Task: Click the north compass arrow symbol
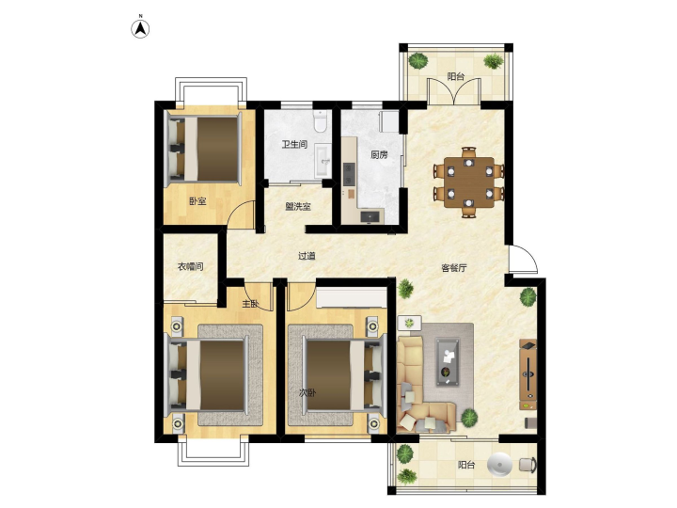pos(140,29)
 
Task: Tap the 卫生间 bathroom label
pos(294,144)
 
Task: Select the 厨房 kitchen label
pos(379,154)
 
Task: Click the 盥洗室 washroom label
pos(298,206)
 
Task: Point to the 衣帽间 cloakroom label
pos(190,266)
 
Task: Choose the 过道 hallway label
pos(307,256)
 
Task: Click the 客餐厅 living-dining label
pos(454,268)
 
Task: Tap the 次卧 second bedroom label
pos(307,392)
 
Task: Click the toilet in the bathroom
pos(321,121)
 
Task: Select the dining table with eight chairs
pos(469,183)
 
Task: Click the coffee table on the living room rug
pos(448,361)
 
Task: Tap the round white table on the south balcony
pos(500,465)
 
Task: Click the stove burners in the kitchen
pos(349,173)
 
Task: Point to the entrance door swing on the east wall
pos(524,260)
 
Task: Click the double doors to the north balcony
pos(454,91)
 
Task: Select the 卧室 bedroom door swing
pos(241,214)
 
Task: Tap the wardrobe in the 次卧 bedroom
pos(352,297)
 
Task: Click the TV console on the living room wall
pos(528,374)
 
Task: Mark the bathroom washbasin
pos(323,161)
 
